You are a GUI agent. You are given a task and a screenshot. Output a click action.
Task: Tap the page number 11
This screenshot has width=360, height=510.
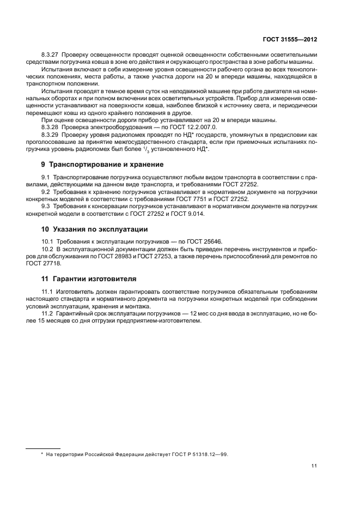tap(315, 466)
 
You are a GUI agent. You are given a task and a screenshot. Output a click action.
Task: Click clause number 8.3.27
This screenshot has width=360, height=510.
tap(50, 56)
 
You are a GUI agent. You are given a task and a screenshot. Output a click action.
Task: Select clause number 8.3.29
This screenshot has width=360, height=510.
tap(50, 133)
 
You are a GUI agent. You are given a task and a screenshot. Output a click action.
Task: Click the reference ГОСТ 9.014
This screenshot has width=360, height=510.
tap(195, 214)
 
